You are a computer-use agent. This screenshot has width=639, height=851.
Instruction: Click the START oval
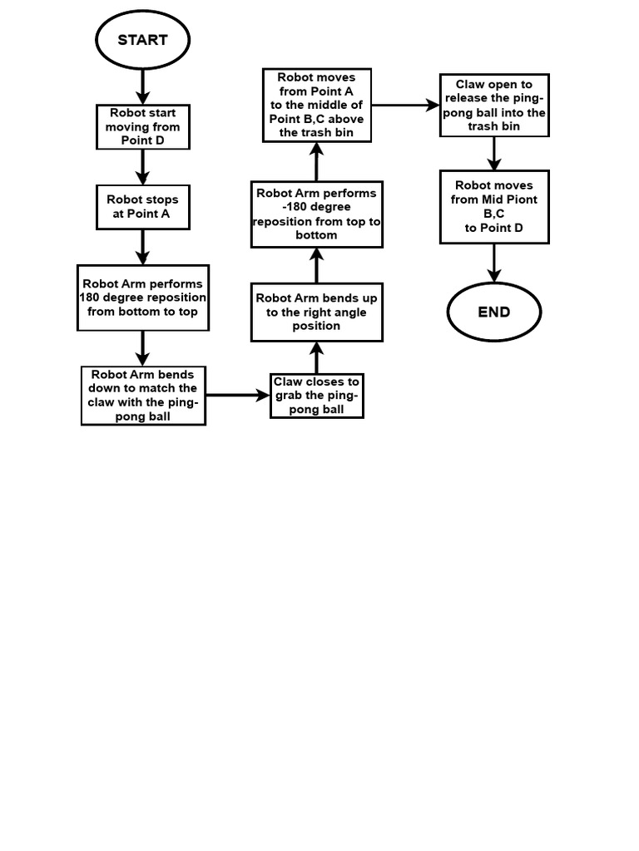[x=143, y=39]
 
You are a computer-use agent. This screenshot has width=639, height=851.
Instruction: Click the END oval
[x=494, y=312]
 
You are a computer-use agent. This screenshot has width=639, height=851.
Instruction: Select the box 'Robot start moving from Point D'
[x=143, y=127]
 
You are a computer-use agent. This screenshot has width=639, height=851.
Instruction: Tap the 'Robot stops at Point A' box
[x=143, y=207]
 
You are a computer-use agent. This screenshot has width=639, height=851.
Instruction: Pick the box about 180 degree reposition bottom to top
[x=143, y=298]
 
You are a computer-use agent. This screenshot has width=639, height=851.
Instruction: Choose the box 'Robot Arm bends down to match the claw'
[x=143, y=396]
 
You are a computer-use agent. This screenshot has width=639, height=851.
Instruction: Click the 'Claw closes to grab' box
[x=317, y=396]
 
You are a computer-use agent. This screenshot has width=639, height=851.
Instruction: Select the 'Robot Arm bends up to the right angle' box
[x=317, y=312]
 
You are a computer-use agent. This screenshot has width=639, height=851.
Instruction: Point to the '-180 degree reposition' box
[x=317, y=214]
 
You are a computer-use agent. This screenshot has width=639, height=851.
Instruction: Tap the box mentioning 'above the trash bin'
[x=317, y=106]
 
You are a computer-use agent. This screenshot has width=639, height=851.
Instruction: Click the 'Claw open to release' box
[x=494, y=106]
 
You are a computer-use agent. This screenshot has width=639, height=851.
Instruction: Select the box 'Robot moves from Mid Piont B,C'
[x=494, y=206]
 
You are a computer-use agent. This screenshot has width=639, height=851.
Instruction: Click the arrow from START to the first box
[x=143, y=86]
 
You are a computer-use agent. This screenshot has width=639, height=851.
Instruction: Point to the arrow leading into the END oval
[x=494, y=263]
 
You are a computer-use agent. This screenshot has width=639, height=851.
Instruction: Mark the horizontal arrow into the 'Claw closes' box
[x=238, y=396]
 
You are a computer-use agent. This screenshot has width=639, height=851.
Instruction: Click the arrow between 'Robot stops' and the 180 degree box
[x=143, y=247]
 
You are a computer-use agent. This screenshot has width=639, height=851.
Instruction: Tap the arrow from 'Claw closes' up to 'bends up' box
[x=317, y=358]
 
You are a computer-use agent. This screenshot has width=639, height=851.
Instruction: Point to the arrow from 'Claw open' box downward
[x=494, y=154]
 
